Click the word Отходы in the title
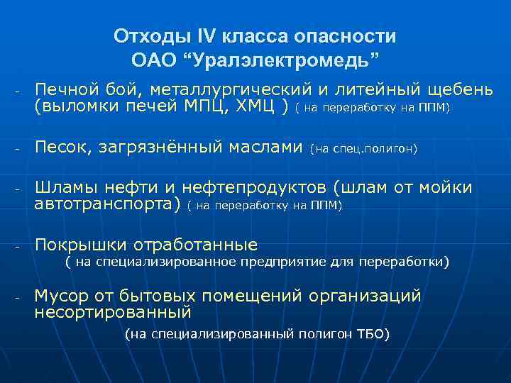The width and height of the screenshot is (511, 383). click(145, 36)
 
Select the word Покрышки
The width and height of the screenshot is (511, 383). click(79, 245)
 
